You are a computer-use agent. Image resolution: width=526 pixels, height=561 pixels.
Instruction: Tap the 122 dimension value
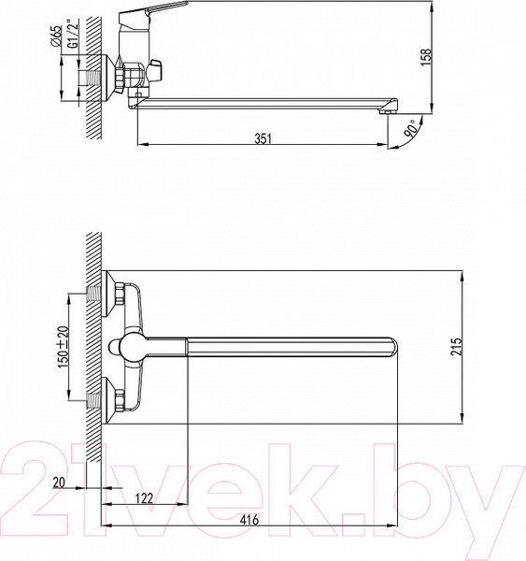click(x=143, y=498)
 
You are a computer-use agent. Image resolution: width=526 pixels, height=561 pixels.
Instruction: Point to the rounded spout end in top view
click(x=391, y=347)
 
